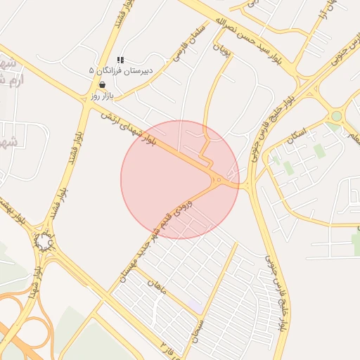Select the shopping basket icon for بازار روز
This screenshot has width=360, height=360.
[x=103, y=84]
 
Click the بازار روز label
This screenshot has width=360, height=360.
[x=102, y=94]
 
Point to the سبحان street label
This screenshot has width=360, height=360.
[x=200, y=330]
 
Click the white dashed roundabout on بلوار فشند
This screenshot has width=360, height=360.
[x=44, y=243]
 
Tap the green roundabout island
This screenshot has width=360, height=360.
[x=336, y=116]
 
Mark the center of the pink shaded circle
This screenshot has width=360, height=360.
[x=180, y=180]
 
